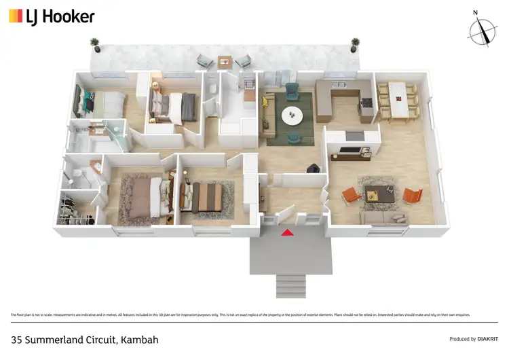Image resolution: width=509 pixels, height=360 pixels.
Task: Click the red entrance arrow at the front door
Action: pyautogui.click(x=287, y=232)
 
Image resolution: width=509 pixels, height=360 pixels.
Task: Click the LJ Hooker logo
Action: pyautogui.click(x=52, y=16)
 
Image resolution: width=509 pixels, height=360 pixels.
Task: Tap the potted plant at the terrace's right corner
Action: pyautogui.click(x=354, y=44)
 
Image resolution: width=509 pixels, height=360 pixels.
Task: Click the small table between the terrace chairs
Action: pyautogui.click(x=225, y=62)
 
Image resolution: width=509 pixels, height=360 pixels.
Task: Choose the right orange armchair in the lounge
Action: pyautogui.click(x=412, y=196)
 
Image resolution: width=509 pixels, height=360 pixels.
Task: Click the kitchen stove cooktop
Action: pyautogui.click(x=366, y=103)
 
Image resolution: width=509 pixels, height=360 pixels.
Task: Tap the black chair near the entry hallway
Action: pyautogui.click(x=313, y=168)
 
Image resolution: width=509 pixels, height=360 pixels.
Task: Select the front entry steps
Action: pyautogui.click(x=286, y=285)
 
